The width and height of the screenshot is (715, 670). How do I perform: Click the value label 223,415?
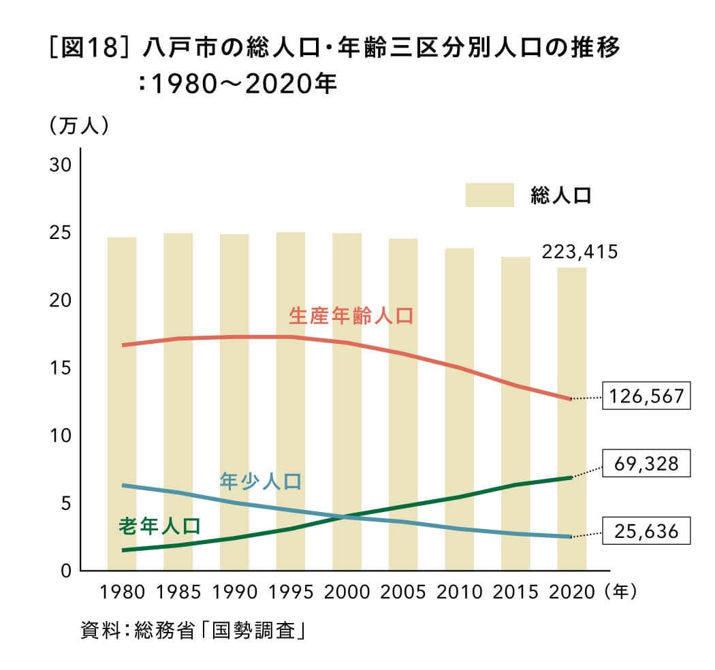click(x=579, y=253)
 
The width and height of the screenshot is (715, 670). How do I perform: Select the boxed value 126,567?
click(x=646, y=396)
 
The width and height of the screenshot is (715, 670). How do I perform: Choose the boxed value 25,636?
click(x=646, y=530)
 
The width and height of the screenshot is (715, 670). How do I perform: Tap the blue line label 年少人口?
click(x=261, y=481)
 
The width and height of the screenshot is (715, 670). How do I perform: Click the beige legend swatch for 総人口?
click(x=489, y=195)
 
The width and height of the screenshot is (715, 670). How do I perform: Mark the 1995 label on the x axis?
click(x=290, y=592)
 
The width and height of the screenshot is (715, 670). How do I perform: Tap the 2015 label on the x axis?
click(x=515, y=592)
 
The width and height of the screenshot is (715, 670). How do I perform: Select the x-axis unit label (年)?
click(x=620, y=592)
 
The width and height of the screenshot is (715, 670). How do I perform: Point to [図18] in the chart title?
click(x=87, y=51)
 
